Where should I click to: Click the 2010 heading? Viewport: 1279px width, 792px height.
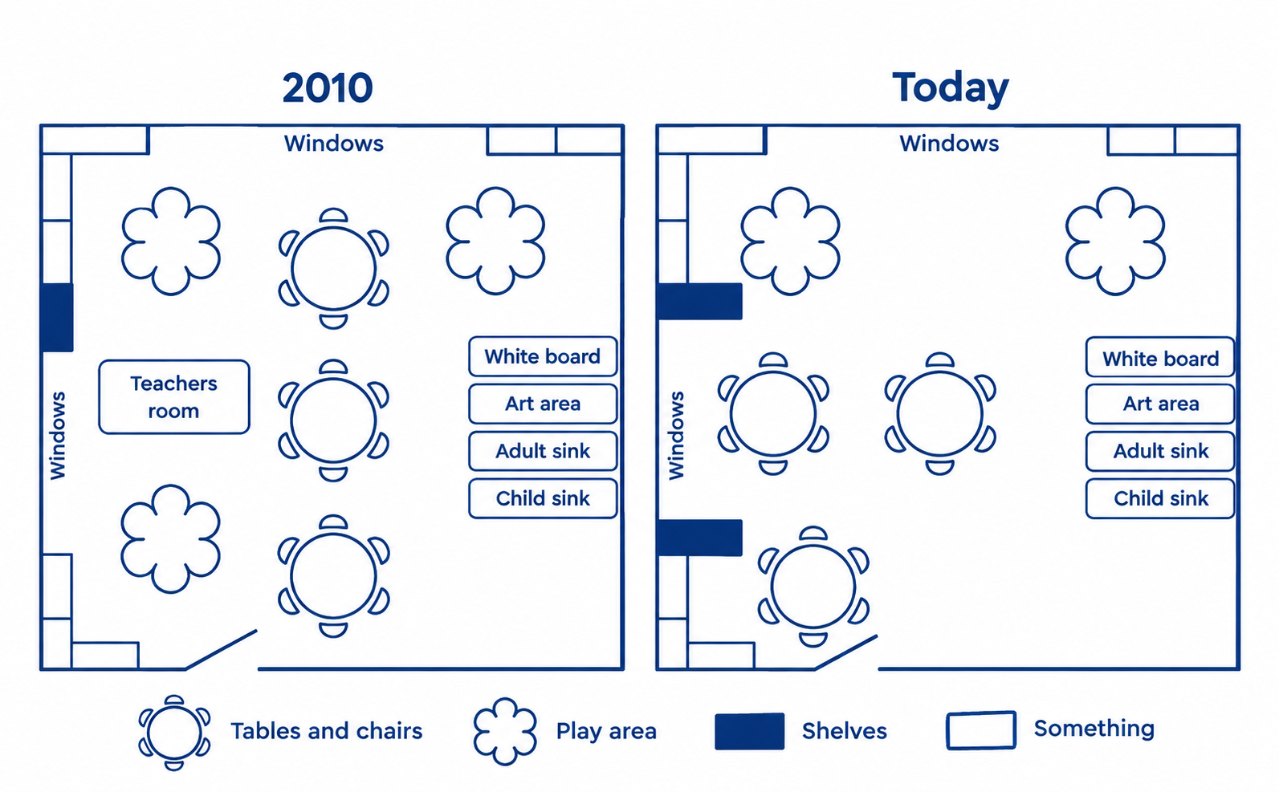point(328,88)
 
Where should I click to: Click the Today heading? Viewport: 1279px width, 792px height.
point(951,88)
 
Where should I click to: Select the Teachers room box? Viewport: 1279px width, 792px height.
point(174,397)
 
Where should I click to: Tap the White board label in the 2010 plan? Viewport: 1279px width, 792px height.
point(543,356)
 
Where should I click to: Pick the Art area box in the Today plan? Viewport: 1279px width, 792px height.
point(1160,404)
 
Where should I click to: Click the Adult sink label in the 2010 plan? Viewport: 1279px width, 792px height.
point(543,451)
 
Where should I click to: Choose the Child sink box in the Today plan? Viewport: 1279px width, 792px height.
point(1160,498)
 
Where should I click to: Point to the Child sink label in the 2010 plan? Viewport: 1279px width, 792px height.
point(543,498)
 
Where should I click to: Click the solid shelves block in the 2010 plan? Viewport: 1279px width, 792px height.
point(57,317)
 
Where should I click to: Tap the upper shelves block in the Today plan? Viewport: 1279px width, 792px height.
point(700,301)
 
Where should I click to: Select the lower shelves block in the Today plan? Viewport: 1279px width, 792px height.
point(700,538)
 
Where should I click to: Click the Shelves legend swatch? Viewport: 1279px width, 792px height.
point(750,731)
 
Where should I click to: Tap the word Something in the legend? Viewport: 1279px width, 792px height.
point(1094,729)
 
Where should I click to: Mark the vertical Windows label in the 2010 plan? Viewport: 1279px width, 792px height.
point(58,436)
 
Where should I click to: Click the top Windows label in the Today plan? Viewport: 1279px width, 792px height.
point(950,143)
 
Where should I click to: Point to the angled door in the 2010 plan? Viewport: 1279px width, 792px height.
point(222,650)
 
